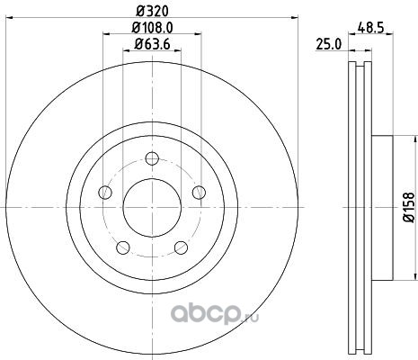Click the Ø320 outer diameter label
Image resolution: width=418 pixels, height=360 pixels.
tap(152, 12)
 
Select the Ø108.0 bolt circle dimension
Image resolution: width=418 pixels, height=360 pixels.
tap(152, 28)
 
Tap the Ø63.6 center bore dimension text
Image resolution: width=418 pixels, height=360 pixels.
tap(152, 44)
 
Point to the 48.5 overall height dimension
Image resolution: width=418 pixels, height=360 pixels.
tap(370, 28)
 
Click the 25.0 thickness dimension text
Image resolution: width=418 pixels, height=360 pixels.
tap(329, 45)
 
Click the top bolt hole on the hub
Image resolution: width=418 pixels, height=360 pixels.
tap(152, 158)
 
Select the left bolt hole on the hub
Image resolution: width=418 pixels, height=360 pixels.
tap(105, 192)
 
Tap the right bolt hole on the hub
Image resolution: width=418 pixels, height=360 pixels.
tap(199, 192)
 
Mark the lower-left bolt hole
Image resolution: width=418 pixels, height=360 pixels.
tap(123, 247)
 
